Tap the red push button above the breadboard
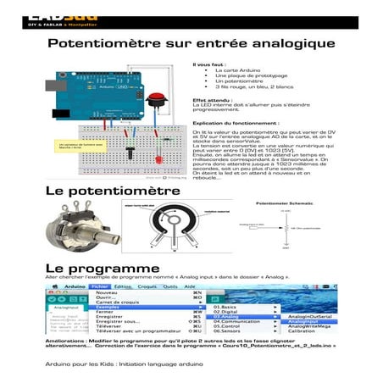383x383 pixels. coord(156,98)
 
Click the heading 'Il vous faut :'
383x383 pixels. coord(209,64)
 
